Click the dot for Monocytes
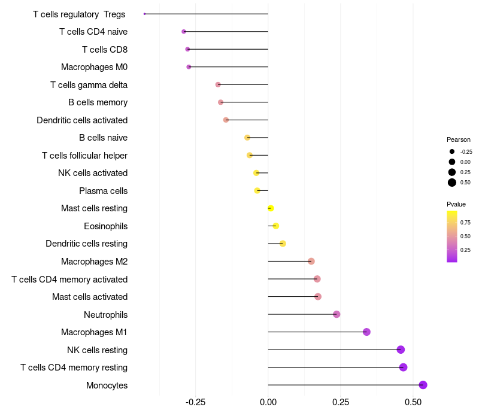click(x=423, y=385)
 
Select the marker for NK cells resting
click(x=401, y=350)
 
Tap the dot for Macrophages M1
click(x=366, y=332)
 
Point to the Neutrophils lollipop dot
click(x=336, y=314)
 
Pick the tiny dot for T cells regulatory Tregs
click(x=144, y=14)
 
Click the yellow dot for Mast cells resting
click(x=271, y=208)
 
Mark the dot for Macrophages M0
click(x=189, y=67)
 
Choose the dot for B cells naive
click(x=247, y=138)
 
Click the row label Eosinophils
click(x=105, y=226)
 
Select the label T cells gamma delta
click(x=89, y=85)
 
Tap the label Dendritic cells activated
click(x=82, y=120)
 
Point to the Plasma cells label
click(x=103, y=191)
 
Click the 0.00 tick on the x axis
click(x=268, y=403)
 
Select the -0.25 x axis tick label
click(x=195, y=403)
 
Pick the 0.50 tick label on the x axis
click(x=413, y=403)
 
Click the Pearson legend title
click(x=459, y=139)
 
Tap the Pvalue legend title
click(x=456, y=204)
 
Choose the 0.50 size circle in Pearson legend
click(x=452, y=183)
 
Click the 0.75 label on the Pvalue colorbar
click(x=465, y=222)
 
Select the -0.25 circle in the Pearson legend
click(x=452, y=151)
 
